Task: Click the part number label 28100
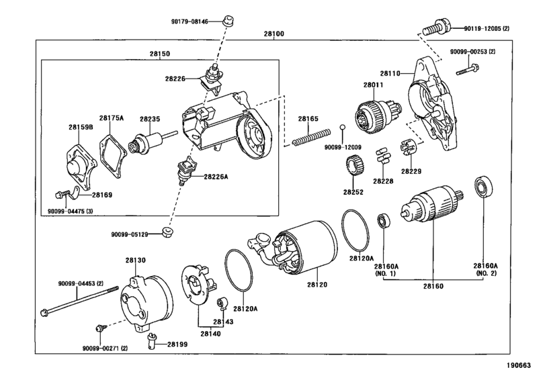[x=274, y=34]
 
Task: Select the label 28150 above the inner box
[x=160, y=54]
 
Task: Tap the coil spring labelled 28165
[x=311, y=136]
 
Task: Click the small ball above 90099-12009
[x=342, y=126]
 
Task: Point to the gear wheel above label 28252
[x=355, y=166]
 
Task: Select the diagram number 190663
[x=519, y=365]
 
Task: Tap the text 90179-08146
[x=190, y=21]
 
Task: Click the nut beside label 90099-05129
[x=168, y=232]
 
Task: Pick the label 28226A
[x=216, y=177]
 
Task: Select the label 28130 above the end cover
[x=136, y=260]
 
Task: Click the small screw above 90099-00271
[x=99, y=328]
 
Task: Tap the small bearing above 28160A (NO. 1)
[x=384, y=221]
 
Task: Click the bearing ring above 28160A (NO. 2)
[x=483, y=187]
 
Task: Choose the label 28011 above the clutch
[x=373, y=85]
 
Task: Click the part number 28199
[x=177, y=344]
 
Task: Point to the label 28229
[x=411, y=171]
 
